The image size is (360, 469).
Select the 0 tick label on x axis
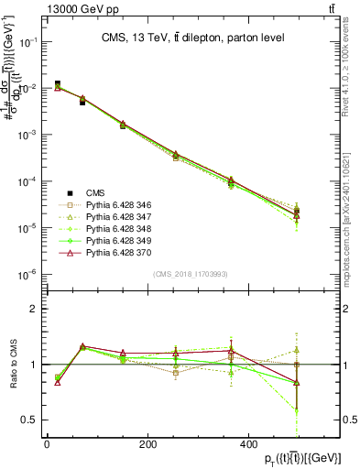(47, 444)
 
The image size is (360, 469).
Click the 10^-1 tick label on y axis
(27, 42)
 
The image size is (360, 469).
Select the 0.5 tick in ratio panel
(28, 420)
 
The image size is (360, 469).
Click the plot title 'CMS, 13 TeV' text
(193, 38)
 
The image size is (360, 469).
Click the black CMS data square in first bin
(58, 84)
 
